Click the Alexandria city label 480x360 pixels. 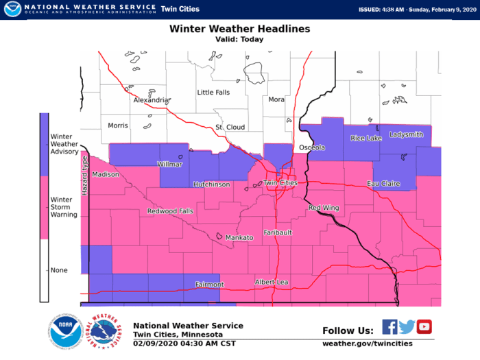click(152, 99)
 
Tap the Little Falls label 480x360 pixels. click(214, 92)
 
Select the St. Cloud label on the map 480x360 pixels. click(230, 128)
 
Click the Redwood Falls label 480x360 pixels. click(170, 211)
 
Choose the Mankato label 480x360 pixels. click(240, 237)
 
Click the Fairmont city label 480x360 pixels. click(209, 284)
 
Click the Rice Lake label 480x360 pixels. click(365, 139)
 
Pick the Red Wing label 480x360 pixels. click(324, 207)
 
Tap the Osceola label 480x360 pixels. click(312, 147)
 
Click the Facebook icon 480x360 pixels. click(389, 327)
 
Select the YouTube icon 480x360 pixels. click(424, 327)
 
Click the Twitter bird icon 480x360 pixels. click(407, 327)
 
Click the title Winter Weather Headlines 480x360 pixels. click(239, 29)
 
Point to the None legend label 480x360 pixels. click(60, 270)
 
